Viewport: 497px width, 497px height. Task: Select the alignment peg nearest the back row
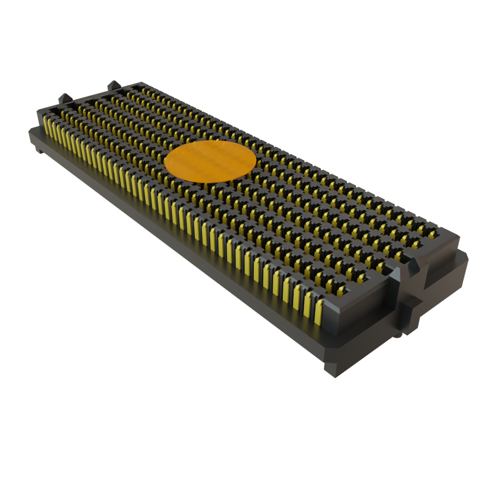(114, 86)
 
